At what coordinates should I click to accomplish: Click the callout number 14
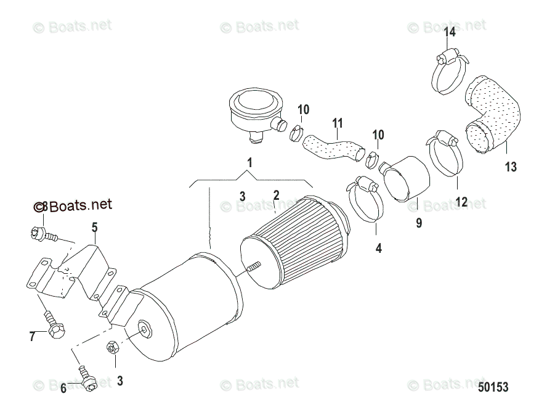point(450,32)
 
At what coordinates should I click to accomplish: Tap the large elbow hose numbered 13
point(493,114)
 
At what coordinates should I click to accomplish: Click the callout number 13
point(511,167)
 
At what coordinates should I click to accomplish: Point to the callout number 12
point(461,202)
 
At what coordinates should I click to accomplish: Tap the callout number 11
point(338,123)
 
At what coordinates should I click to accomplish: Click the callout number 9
point(419,223)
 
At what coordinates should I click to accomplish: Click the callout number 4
point(378,248)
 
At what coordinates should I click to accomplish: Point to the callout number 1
point(249,162)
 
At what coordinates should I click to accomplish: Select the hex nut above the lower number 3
point(112,347)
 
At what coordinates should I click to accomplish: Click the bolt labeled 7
point(53,324)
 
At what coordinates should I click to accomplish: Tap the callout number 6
point(63,388)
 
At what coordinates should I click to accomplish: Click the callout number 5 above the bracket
point(94,228)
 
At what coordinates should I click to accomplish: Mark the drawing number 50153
point(493,387)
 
